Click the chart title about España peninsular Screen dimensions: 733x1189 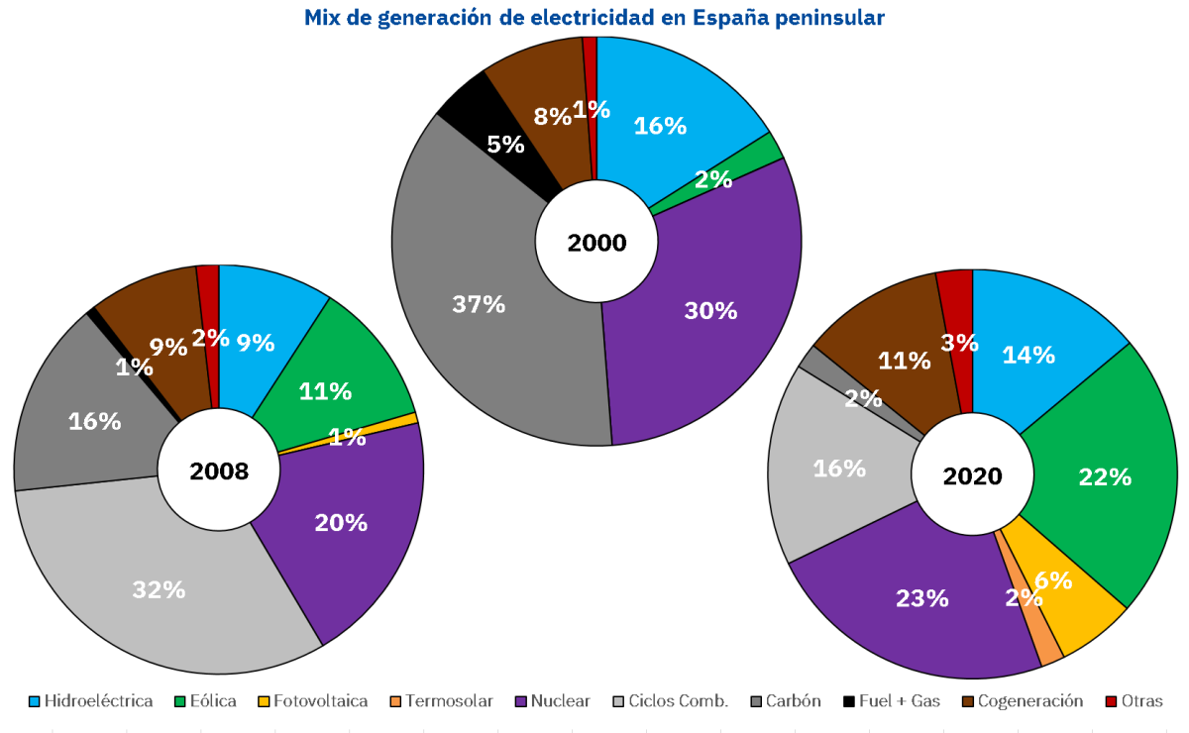pyautogui.click(x=594, y=18)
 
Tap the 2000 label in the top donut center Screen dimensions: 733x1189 pyautogui.click(x=596, y=243)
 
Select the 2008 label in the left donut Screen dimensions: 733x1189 pyautogui.click(x=219, y=471)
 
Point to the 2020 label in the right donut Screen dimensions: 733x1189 pyautogui.click(x=972, y=476)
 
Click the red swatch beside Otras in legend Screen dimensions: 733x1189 pyautogui.click(x=1114, y=701)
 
